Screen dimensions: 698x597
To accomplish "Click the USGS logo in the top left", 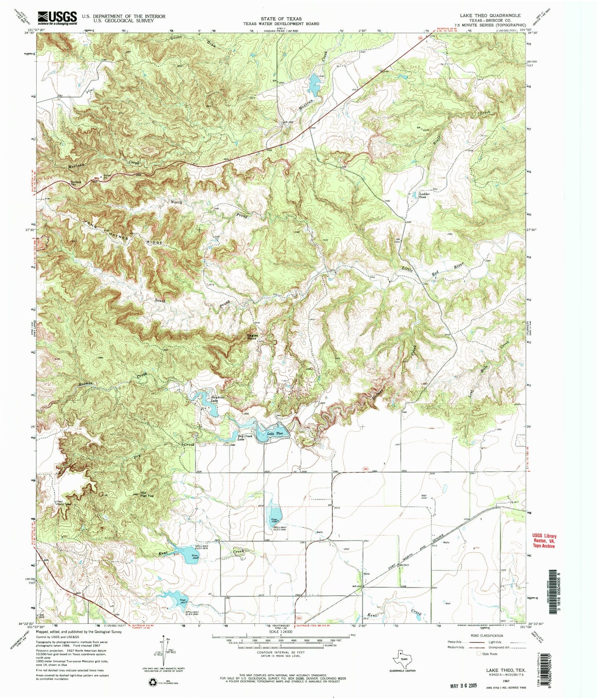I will tap(57, 18).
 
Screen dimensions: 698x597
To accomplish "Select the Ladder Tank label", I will tap(424, 195).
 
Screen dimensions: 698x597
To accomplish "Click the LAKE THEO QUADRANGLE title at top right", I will tap(490, 14).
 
